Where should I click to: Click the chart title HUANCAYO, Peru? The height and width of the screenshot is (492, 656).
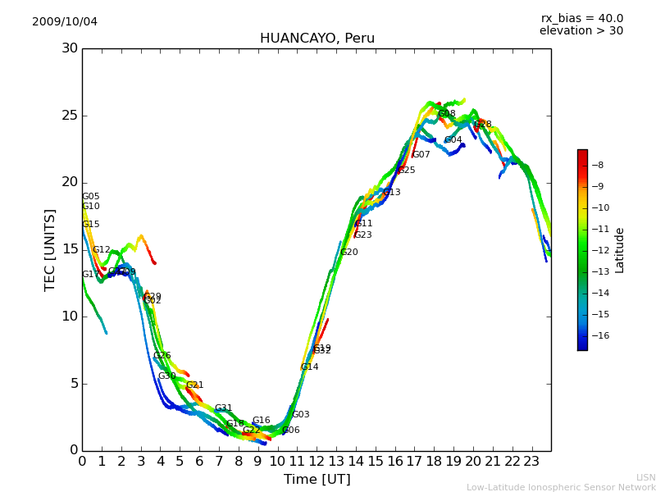(317, 39)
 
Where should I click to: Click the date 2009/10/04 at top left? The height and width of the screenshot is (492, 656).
(65, 21)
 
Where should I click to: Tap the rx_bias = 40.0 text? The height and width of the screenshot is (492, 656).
(581, 18)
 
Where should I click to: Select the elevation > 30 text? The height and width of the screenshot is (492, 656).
(581, 31)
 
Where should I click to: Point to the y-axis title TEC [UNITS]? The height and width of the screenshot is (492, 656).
(51, 249)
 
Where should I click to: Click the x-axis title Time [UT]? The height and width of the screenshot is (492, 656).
(317, 480)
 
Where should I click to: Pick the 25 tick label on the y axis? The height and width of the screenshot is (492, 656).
(69, 116)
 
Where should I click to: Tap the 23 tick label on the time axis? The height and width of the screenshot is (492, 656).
(531, 461)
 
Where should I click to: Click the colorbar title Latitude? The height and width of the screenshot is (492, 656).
(620, 250)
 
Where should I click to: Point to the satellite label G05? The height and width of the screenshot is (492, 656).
(90, 197)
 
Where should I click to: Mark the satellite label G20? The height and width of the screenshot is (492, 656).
(349, 253)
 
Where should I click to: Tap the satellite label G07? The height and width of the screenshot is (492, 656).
(421, 155)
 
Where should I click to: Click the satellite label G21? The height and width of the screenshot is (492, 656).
(195, 385)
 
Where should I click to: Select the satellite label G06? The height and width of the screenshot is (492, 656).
(291, 430)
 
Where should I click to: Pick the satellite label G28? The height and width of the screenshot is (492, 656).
(483, 125)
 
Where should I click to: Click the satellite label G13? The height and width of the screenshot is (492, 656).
(392, 193)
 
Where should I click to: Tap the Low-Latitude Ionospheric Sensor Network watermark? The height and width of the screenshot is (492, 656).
(561, 487)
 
